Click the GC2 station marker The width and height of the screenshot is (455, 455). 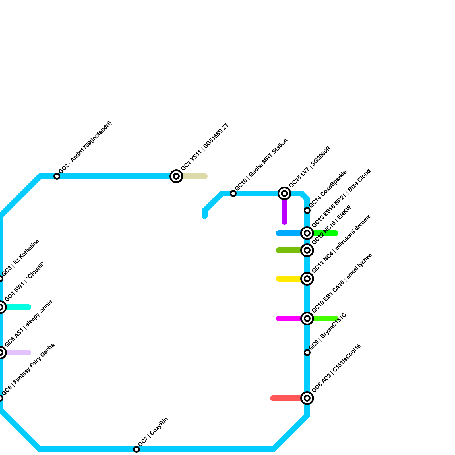tap(57, 176)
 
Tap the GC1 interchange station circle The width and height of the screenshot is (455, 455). tap(176, 176)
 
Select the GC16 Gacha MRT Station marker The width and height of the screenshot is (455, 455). tap(233, 193)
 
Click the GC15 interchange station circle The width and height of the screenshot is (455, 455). tap(284, 193)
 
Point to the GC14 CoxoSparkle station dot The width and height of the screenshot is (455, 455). tap(307, 210)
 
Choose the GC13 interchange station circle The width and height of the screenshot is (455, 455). tap(307, 233)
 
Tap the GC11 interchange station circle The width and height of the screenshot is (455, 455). tap(307, 279)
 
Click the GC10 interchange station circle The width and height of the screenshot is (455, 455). tap(307, 318)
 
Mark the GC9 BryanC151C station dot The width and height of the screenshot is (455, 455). tap(307, 353)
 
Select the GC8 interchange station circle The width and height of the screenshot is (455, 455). tap(307, 398)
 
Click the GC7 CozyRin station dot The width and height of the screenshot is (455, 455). tap(136, 449)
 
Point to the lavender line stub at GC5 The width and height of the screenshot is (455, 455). tap(18, 353)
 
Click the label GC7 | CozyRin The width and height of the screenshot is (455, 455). tap(153, 432)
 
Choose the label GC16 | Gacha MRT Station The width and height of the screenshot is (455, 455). tap(261, 165)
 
